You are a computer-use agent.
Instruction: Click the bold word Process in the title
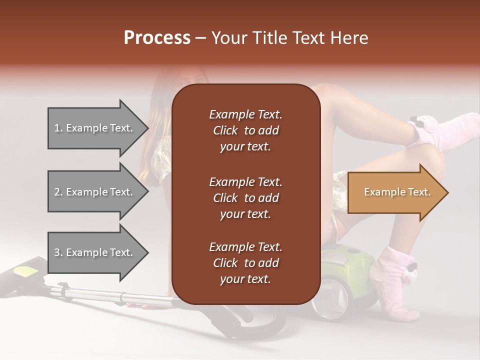coord(157,38)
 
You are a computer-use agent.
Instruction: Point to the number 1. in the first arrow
coord(59,128)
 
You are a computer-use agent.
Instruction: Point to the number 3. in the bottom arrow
coord(59,252)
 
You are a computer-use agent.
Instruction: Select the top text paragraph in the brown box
coord(245,130)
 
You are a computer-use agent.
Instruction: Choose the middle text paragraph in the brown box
coord(245,197)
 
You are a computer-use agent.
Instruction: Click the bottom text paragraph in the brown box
coord(245,263)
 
